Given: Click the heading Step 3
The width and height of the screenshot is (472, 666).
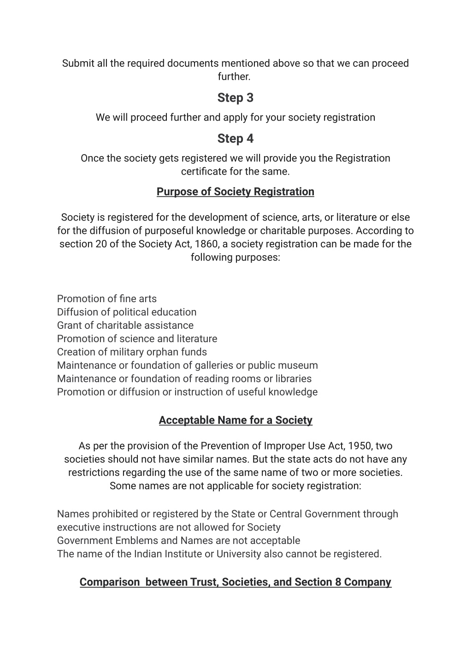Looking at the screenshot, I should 236,98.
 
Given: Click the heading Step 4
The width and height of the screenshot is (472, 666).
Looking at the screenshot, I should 236,139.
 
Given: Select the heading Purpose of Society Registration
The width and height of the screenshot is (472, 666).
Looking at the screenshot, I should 236,192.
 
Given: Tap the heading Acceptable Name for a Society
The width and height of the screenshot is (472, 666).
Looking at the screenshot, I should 236,420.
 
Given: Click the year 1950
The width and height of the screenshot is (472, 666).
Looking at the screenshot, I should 360,446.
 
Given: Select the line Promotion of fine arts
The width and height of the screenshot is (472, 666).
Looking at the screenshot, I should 107,298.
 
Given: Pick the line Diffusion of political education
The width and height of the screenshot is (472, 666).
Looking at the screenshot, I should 127,312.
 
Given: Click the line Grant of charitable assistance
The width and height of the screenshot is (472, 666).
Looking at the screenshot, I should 125,325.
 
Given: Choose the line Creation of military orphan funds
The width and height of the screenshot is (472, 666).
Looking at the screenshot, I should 132,352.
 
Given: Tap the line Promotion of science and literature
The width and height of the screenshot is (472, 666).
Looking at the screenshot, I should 137,339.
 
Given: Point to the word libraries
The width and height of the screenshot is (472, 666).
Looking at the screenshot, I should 294,379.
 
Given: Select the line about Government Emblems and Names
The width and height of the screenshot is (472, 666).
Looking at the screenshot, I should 178,540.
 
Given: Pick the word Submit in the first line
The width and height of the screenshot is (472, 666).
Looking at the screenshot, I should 78,63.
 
